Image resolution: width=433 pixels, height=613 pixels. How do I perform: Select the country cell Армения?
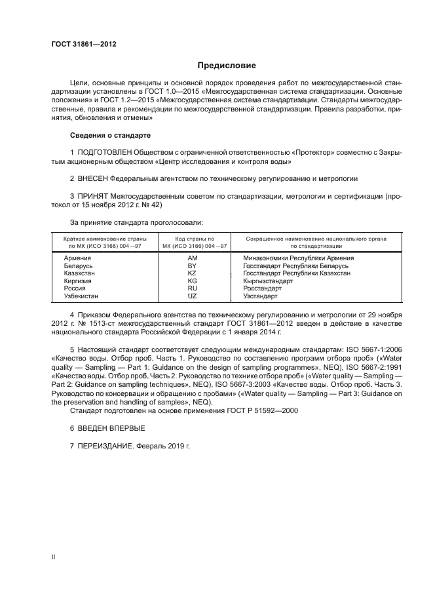point(77,258)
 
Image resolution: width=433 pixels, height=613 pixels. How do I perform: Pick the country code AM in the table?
point(192,258)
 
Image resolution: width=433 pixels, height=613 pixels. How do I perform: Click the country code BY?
point(192,266)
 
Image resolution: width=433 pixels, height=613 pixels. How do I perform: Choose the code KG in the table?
point(192,281)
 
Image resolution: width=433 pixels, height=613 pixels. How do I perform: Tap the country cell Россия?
point(75,288)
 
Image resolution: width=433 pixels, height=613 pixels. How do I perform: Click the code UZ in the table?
point(192,296)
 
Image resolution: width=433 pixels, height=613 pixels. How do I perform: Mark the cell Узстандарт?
point(261,296)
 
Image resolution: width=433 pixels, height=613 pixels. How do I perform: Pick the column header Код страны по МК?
point(192,242)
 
